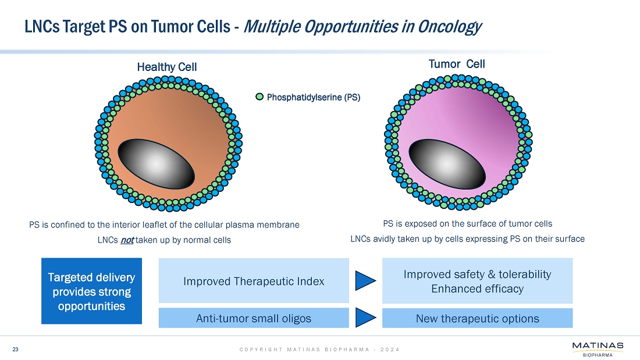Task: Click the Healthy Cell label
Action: pos(167,67)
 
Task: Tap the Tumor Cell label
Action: pos(457,64)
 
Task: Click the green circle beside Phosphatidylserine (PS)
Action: pos(260,97)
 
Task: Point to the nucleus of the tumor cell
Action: pos(447,163)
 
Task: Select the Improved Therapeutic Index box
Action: pos(254,281)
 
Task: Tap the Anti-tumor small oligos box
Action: pos(254,318)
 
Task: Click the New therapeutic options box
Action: pos(477,318)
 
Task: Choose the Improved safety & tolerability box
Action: pos(477,281)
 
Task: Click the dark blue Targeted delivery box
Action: pos(92,291)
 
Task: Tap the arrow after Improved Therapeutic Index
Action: pos(365,281)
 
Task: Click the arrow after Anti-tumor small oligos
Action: pos(365,318)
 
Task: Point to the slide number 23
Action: pos(16,349)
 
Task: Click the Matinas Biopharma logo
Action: pos(598,350)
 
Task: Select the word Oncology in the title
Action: pos(449,27)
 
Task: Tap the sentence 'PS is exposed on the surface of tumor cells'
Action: pos(467,223)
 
